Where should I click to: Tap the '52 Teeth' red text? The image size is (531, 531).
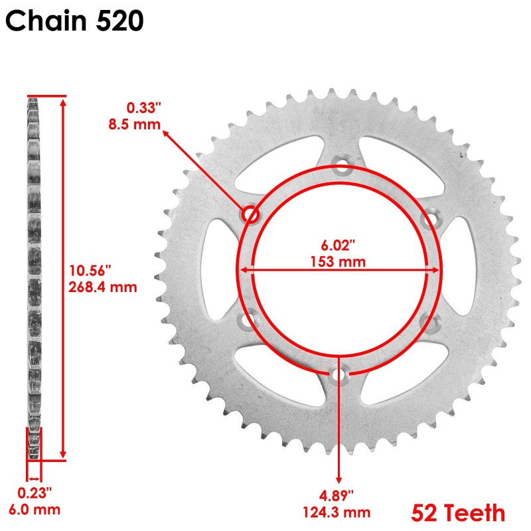[458, 512]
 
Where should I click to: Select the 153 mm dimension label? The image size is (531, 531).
[338, 262]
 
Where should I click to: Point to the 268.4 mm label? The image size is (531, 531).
[102, 287]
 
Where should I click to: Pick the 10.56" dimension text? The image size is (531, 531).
[90, 271]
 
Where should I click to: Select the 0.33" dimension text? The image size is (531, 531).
[144, 107]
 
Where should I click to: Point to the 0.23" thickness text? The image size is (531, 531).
[34, 494]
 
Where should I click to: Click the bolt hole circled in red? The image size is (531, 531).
[251, 214]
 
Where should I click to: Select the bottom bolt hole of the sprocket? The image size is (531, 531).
[339, 375]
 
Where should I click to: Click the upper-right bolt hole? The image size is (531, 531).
[429, 217]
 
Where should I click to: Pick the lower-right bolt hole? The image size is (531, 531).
[428, 322]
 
